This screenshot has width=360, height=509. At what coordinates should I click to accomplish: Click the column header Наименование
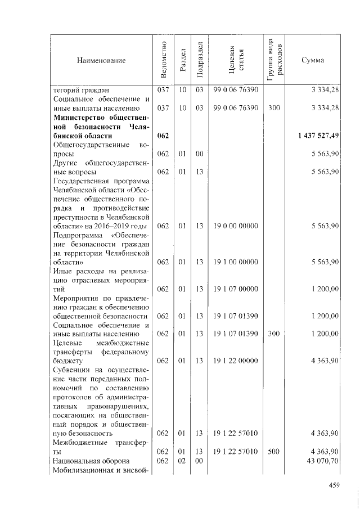(101, 60)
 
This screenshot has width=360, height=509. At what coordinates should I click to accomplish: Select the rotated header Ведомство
(163, 60)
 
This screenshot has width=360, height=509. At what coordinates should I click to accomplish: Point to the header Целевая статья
(236, 60)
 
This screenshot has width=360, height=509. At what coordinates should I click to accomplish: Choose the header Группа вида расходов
(275, 60)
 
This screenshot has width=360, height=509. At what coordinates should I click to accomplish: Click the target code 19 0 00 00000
(236, 226)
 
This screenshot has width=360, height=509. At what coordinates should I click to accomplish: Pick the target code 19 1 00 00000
(236, 262)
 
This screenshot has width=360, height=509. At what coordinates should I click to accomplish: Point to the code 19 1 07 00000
(236, 289)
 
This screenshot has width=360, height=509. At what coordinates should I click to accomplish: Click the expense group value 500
(274, 452)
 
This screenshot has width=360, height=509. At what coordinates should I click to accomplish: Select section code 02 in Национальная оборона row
(182, 461)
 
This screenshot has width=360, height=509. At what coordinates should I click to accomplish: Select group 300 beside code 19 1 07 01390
(274, 334)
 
